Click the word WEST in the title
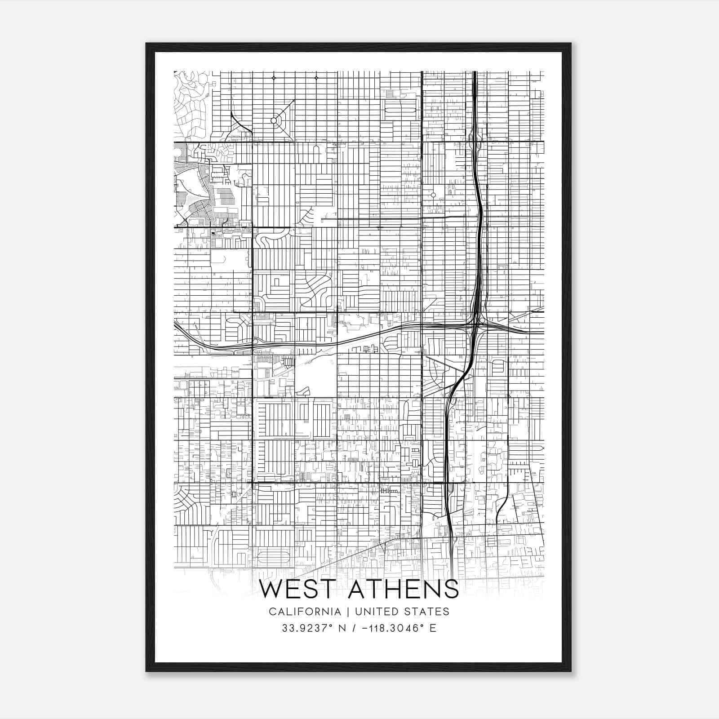tap(300, 589)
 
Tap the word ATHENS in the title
tap(403, 589)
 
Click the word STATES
tap(427, 612)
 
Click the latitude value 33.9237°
tap(304, 628)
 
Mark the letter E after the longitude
tap(433, 628)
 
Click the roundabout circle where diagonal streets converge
tap(274, 120)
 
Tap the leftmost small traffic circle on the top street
tap(274, 78)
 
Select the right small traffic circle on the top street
tap(316, 78)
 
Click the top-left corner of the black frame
tap(146, 44)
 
